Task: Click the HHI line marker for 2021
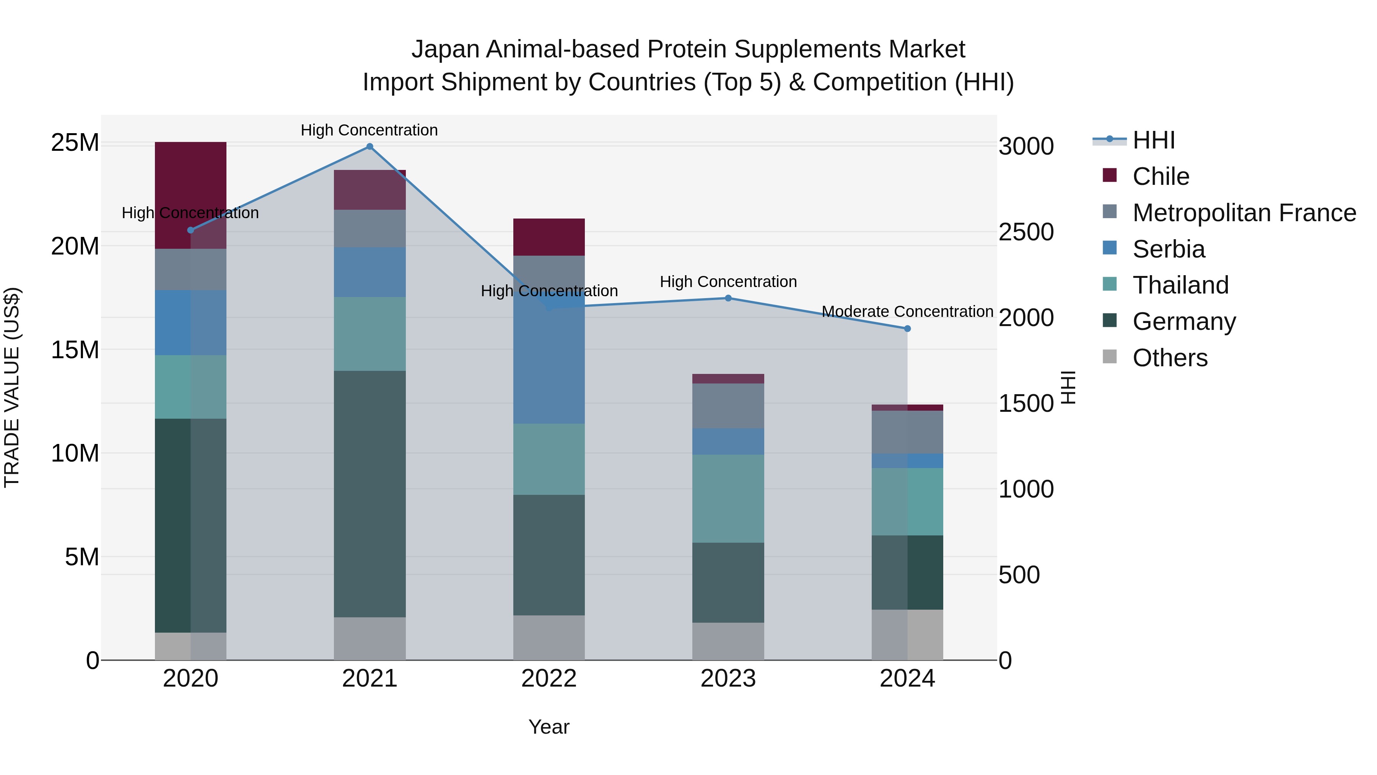pyautogui.click(x=369, y=147)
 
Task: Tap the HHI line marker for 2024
pyautogui.click(x=907, y=328)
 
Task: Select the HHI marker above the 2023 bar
pyautogui.click(x=728, y=298)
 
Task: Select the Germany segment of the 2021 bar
pyautogui.click(x=369, y=494)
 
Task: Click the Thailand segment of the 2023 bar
pyautogui.click(x=728, y=498)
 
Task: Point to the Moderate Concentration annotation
pyautogui.click(x=907, y=311)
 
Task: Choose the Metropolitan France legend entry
pyautogui.click(x=1244, y=213)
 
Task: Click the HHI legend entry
pyautogui.click(x=1154, y=140)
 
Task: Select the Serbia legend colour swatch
pyautogui.click(x=1110, y=248)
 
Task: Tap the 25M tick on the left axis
pyautogui.click(x=75, y=143)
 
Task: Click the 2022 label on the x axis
pyautogui.click(x=549, y=679)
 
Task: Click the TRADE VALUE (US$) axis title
pyautogui.click(x=12, y=387)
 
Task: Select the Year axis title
pyautogui.click(x=549, y=727)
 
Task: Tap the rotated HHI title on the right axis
pyautogui.click(x=1068, y=387)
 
